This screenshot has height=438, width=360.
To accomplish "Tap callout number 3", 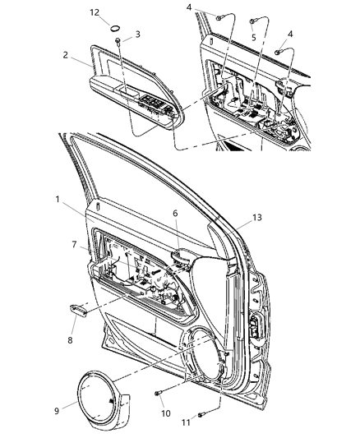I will tap(137, 35).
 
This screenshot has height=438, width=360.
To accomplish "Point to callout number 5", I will tap(253, 38).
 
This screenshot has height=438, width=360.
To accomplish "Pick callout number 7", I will tap(75, 246).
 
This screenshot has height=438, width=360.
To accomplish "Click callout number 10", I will tap(165, 413).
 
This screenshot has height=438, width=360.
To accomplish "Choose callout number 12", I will tap(95, 13).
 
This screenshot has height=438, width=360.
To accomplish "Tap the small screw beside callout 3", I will tap(119, 40).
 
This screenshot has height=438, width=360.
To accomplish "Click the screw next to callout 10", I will tap(156, 395).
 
